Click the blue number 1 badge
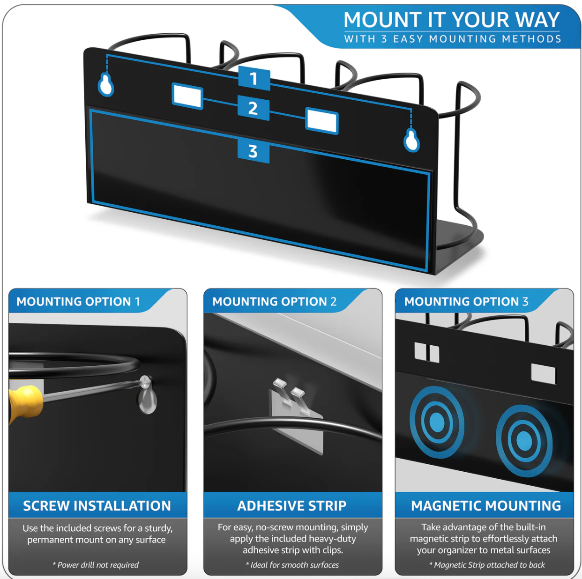pyautogui.click(x=254, y=78)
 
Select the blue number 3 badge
pyautogui.click(x=253, y=151)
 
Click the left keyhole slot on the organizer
pyautogui.click(x=106, y=85)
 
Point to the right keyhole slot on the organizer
pyautogui.click(x=411, y=140)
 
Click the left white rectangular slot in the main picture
pyautogui.click(x=187, y=96)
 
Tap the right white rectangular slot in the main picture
pyautogui.click(x=321, y=121)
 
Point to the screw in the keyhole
pyautogui.click(x=146, y=381)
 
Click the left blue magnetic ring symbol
pyautogui.click(x=437, y=422)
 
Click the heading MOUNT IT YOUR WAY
pyautogui.click(x=452, y=20)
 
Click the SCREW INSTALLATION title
pyautogui.click(x=97, y=506)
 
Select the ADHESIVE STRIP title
pyautogui.click(x=292, y=506)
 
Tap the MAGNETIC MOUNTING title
pyautogui.click(x=486, y=506)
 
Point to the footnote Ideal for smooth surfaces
pyautogui.click(x=292, y=565)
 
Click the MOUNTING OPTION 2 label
pyautogui.click(x=275, y=302)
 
